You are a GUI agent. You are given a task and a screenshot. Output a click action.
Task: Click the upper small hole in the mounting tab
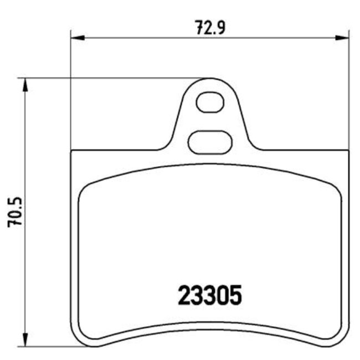click(x=210, y=102)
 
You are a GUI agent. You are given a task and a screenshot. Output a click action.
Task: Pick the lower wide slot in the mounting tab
click(x=210, y=142)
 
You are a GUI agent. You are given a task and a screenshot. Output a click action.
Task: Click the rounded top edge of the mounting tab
click(x=210, y=79)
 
